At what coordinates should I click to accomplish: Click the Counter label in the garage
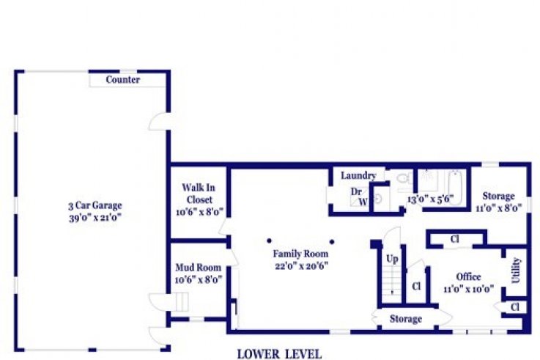[122, 80]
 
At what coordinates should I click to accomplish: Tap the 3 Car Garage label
[95, 206]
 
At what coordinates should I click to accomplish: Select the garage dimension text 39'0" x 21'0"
[95, 218]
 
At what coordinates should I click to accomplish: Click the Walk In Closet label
[199, 194]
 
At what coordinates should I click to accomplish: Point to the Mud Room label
[198, 268]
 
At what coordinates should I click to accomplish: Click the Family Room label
[300, 254]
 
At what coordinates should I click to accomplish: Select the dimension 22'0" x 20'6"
[301, 266]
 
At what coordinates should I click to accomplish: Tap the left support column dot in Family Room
[269, 240]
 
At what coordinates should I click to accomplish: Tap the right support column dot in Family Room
[332, 241]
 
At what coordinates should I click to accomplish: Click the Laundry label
[358, 176]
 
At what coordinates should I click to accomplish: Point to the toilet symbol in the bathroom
[403, 178]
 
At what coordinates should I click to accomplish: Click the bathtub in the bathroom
[454, 188]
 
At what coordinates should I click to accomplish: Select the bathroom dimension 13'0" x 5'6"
[431, 199]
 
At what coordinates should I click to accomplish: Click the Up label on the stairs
[392, 259]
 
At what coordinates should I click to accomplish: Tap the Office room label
[468, 277]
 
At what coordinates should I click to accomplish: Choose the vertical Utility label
[516, 271]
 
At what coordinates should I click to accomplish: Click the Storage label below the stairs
[406, 319]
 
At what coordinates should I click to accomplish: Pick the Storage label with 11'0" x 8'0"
[498, 196]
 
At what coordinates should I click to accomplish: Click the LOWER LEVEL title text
[279, 354]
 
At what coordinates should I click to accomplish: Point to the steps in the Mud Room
[182, 301]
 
